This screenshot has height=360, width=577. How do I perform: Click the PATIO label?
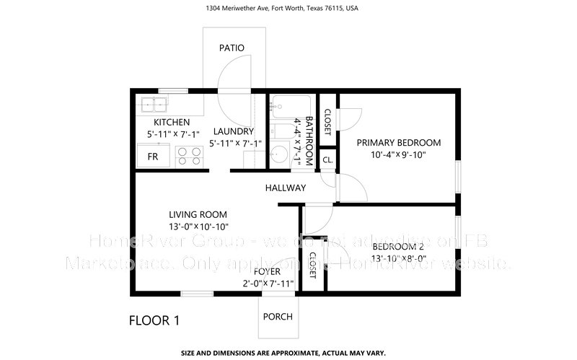tap(232, 48)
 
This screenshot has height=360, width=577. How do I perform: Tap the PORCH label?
tap(278, 317)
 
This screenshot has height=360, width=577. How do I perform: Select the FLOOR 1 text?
tap(154, 320)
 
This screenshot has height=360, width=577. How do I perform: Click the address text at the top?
tap(288, 9)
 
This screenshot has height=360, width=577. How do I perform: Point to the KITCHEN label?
tap(171, 122)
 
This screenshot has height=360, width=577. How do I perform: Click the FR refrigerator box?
tap(154, 156)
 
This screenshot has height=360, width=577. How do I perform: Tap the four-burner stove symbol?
tap(188, 155)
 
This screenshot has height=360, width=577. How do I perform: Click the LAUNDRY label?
tap(233, 131)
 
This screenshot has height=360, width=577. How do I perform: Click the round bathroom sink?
tap(279, 155)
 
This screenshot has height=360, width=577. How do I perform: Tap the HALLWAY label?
tap(285, 188)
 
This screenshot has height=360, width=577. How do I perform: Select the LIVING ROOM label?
tap(198, 214)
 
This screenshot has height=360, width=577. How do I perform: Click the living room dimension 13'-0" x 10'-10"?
tap(198, 227)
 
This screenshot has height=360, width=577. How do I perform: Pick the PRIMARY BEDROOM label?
tap(399, 142)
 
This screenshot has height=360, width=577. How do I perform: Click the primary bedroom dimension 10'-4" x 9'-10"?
tap(399, 155)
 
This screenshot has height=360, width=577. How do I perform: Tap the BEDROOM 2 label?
tap(399, 245)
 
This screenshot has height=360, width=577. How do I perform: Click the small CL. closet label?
tap(327, 159)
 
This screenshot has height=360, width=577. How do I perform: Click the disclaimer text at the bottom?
tap(288, 354)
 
